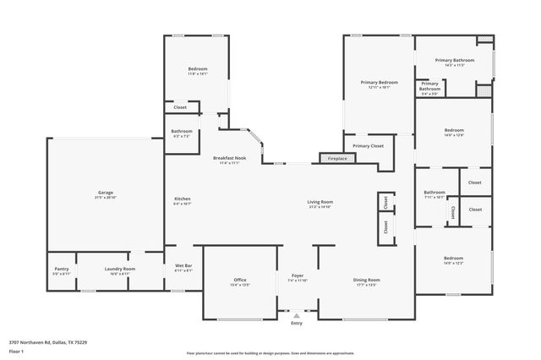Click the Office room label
(240, 280)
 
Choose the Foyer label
(298, 275)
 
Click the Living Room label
(320, 201)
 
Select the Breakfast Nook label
(229, 158)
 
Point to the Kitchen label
(183, 199)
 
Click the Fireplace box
(337, 158)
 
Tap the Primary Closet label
(368, 145)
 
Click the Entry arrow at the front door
(297, 315)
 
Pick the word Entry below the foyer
(297, 323)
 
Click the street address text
(48, 342)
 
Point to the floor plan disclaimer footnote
(270, 353)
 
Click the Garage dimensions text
(105, 198)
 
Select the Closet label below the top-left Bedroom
(180, 107)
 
